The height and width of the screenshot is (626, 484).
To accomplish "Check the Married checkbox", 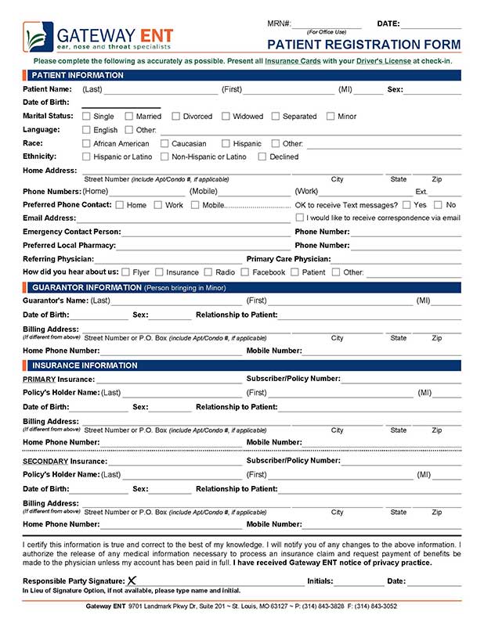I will [x=129, y=117].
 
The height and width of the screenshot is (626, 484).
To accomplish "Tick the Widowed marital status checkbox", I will [x=226, y=117].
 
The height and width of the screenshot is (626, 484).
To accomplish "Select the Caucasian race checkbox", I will [x=164, y=144].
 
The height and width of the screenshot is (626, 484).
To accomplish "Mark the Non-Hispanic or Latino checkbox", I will [x=164, y=157].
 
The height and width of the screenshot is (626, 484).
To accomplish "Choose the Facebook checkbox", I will [x=245, y=272].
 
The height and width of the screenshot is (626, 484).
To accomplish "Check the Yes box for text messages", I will [x=406, y=205].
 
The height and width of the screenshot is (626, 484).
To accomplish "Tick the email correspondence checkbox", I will [x=299, y=218].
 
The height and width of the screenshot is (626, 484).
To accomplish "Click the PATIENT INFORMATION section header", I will [x=77, y=75].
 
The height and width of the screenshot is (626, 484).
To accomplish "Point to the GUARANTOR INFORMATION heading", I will [x=86, y=287].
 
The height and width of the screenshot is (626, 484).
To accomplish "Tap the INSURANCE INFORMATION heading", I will [x=84, y=365].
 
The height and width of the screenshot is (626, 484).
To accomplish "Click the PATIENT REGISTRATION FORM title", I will [x=364, y=45].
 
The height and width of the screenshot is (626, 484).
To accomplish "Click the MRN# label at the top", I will [x=279, y=24].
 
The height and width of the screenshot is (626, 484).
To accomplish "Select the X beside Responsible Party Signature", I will [x=132, y=581].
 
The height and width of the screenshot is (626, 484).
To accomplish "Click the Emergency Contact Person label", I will [x=71, y=232].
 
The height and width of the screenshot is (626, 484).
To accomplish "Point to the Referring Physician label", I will [x=59, y=259].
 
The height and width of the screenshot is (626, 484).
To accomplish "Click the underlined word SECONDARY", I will [x=45, y=462].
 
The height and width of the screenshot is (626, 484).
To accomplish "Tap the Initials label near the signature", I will [x=320, y=581].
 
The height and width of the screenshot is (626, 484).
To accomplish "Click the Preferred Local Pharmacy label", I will [x=69, y=246].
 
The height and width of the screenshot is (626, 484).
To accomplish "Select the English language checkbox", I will [x=86, y=131].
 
